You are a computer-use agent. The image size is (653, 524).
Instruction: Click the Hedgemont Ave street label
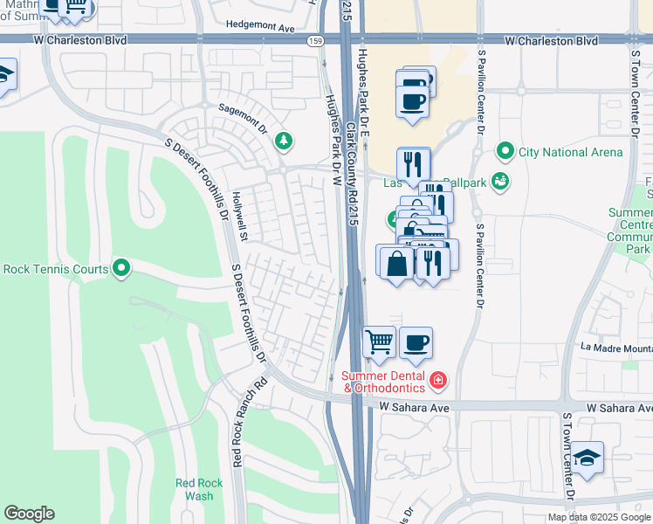click(x=259, y=28)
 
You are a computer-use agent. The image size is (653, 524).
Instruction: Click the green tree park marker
click(x=283, y=140)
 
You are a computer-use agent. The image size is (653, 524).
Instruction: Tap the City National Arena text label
click(x=570, y=152)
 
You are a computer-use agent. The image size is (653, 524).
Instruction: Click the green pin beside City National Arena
click(x=505, y=152)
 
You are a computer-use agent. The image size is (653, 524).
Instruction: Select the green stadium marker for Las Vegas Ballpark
click(x=498, y=182)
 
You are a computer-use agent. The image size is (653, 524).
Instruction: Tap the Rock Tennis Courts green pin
click(x=120, y=268)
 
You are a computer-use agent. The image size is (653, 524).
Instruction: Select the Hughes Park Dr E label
click(x=364, y=87)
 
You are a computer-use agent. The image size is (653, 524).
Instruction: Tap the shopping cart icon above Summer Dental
click(x=379, y=341)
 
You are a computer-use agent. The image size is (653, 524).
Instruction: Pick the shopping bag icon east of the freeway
click(x=395, y=262)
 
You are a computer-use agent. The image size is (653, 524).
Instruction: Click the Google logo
click(x=29, y=514)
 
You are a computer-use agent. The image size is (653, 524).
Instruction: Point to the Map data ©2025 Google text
click(x=599, y=517)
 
